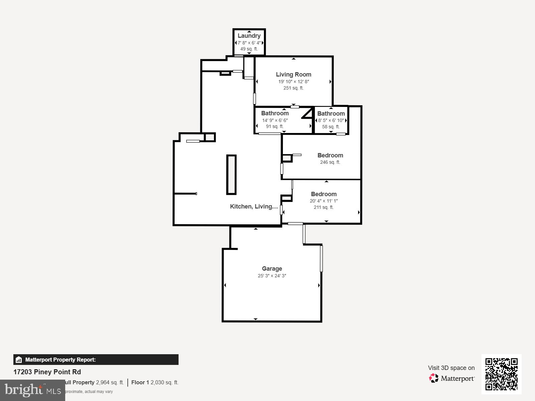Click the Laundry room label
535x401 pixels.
(249, 36)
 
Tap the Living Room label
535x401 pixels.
(293, 75)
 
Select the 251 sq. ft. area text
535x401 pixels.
(293, 88)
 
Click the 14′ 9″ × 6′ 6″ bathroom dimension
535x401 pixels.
(275, 120)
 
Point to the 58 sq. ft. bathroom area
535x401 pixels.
(331, 127)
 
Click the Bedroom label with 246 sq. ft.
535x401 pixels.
(330, 155)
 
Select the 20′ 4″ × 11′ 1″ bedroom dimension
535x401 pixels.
(324, 201)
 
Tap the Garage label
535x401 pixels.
(272, 269)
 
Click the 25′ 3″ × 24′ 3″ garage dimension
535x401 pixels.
(272, 276)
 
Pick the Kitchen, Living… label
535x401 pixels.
(254, 207)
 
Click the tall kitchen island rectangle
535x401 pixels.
(231, 174)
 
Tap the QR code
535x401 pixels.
(501, 374)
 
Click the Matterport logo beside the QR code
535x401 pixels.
(452, 378)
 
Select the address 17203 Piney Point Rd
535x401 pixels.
(47, 372)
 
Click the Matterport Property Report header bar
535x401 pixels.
(96, 360)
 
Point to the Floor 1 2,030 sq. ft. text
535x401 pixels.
(155, 382)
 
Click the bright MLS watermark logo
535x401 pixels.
(32, 390)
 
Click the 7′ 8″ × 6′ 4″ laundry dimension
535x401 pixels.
(249, 43)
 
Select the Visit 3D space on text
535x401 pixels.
(451, 368)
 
